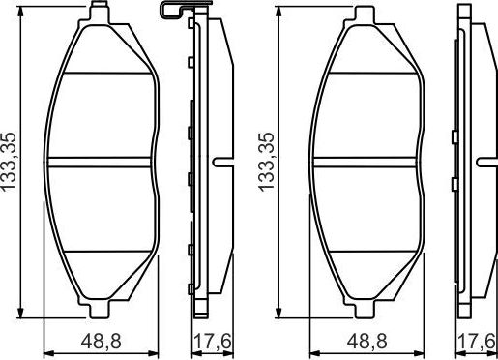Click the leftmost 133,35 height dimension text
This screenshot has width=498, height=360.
[11, 163]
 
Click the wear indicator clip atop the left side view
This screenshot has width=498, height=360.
[171, 11]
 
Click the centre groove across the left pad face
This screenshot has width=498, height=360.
[101, 160]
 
